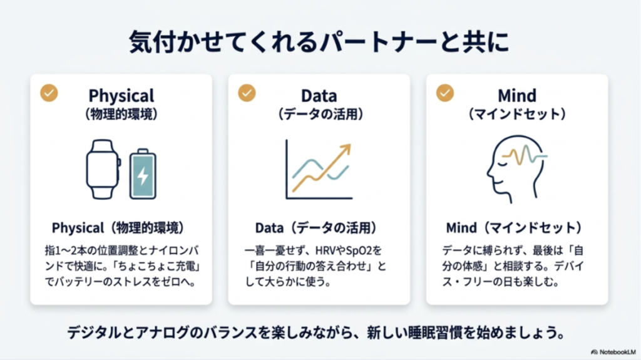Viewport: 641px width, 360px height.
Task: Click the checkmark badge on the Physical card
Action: coord(49,93)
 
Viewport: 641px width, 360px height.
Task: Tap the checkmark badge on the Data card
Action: coord(247,93)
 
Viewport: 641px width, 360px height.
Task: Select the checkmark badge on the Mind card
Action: coord(445,93)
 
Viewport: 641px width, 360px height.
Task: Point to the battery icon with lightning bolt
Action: coord(143,174)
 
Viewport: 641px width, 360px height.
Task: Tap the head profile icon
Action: coord(510,169)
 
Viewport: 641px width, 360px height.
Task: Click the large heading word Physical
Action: coord(121,96)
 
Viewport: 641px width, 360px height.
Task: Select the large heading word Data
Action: coord(319,96)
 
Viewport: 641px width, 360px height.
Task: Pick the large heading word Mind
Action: coord(517,96)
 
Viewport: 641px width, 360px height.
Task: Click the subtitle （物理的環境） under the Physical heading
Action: coord(121,115)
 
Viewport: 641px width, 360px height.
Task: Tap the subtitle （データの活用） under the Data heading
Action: coord(319,115)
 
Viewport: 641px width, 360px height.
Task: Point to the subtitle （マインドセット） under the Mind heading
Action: coord(517,115)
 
